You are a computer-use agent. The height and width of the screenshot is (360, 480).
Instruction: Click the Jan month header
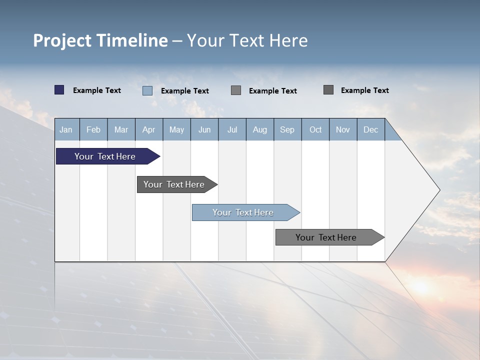(x=66, y=129)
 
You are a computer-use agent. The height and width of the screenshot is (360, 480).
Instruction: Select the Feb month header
(x=93, y=129)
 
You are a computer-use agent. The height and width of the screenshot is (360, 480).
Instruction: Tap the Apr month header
(x=148, y=129)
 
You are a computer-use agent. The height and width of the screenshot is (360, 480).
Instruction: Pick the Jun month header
(x=204, y=129)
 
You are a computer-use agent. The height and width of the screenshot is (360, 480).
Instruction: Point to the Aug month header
(x=259, y=129)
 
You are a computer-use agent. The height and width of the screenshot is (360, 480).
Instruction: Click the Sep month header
(x=287, y=129)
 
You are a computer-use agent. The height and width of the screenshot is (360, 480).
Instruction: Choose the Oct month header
(x=315, y=129)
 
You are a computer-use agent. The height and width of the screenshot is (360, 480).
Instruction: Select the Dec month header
(x=370, y=129)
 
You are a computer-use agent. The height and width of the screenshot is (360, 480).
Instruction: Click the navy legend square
(x=59, y=90)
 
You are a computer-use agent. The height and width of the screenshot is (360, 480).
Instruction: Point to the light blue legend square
(x=147, y=90)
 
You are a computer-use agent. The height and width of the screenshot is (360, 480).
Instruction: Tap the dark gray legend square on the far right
(x=328, y=90)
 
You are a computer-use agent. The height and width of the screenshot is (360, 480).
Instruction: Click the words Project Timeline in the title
(x=100, y=40)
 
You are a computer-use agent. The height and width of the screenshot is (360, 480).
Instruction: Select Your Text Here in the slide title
(x=247, y=40)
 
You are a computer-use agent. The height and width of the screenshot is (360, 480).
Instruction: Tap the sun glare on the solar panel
(x=420, y=286)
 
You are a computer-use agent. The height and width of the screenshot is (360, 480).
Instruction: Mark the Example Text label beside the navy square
(x=96, y=90)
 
